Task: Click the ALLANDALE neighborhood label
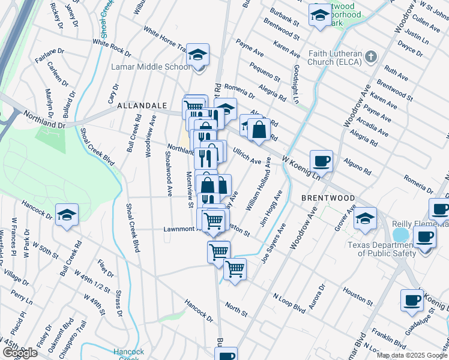point(141,105)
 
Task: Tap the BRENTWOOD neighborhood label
point(327,197)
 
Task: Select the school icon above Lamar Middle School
point(197,55)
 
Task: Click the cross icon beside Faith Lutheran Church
point(372,57)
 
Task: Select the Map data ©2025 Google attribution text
point(412,355)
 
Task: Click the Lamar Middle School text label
point(151,67)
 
